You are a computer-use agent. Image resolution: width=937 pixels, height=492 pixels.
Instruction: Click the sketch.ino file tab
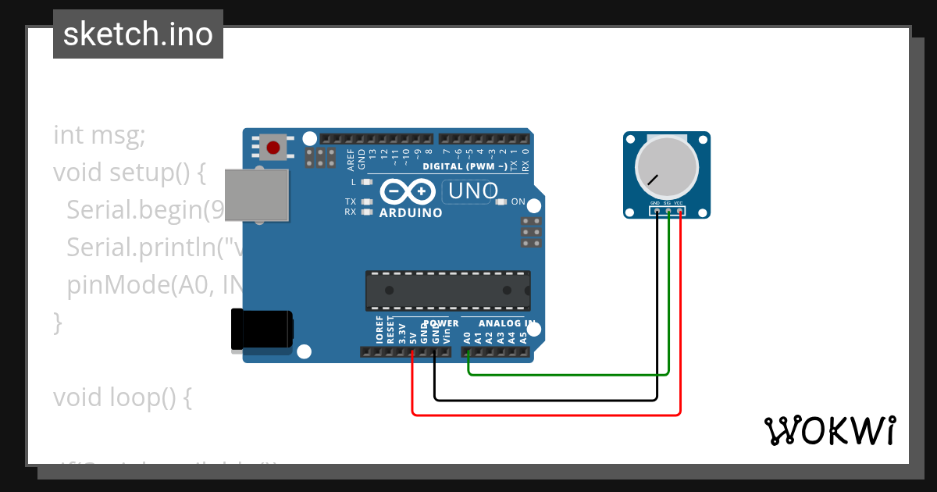tap(138, 34)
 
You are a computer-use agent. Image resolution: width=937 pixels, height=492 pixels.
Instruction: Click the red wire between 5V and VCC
tap(547, 415)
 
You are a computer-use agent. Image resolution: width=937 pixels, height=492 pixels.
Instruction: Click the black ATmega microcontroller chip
tap(448, 291)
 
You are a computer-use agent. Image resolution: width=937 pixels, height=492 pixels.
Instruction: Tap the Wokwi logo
tap(829, 430)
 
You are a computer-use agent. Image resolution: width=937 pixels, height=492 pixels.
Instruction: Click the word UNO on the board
tap(472, 191)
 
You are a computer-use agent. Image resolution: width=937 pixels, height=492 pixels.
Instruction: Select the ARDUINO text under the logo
tap(411, 212)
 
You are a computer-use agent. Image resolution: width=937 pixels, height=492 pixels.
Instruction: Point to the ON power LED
tap(502, 201)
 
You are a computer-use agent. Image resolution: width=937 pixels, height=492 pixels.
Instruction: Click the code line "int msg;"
tap(99, 135)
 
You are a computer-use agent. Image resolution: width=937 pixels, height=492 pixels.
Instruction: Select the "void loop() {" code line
tap(122, 398)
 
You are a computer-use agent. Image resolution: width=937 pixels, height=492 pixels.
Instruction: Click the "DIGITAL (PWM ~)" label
tap(465, 166)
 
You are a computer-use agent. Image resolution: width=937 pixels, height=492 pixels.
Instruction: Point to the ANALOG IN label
tap(507, 323)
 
